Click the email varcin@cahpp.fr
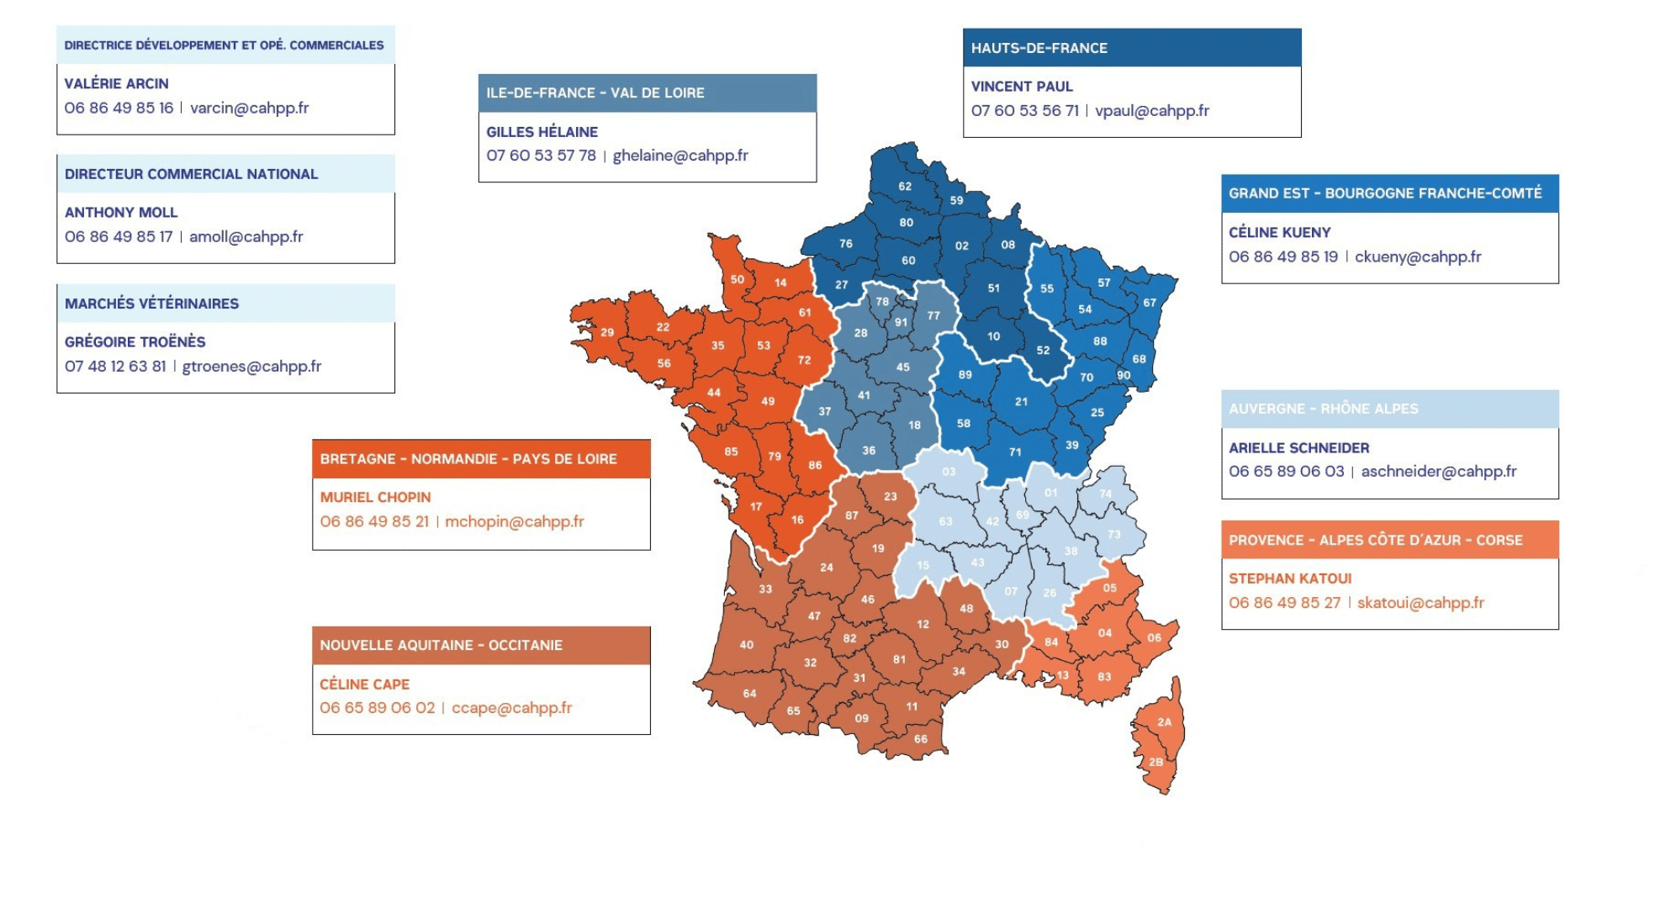(x=249, y=108)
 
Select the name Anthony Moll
(x=121, y=213)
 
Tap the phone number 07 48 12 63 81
(x=115, y=367)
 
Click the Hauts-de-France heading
(x=1039, y=48)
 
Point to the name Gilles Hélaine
(x=542, y=132)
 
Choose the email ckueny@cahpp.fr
(x=1417, y=256)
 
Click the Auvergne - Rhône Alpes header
(x=1323, y=409)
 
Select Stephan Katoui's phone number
(x=1284, y=603)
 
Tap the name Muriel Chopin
(x=375, y=498)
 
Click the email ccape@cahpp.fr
(x=511, y=708)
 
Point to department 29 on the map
(x=607, y=332)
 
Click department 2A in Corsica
(x=1164, y=722)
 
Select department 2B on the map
(x=1156, y=762)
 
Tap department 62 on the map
(x=905, y=187)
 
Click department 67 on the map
(x=1150, y=303)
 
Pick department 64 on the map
(x=749, y=694)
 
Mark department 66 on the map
(x=921, y=739)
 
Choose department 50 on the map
(x=738, y=279)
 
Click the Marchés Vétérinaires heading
(x=151, y=304)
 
